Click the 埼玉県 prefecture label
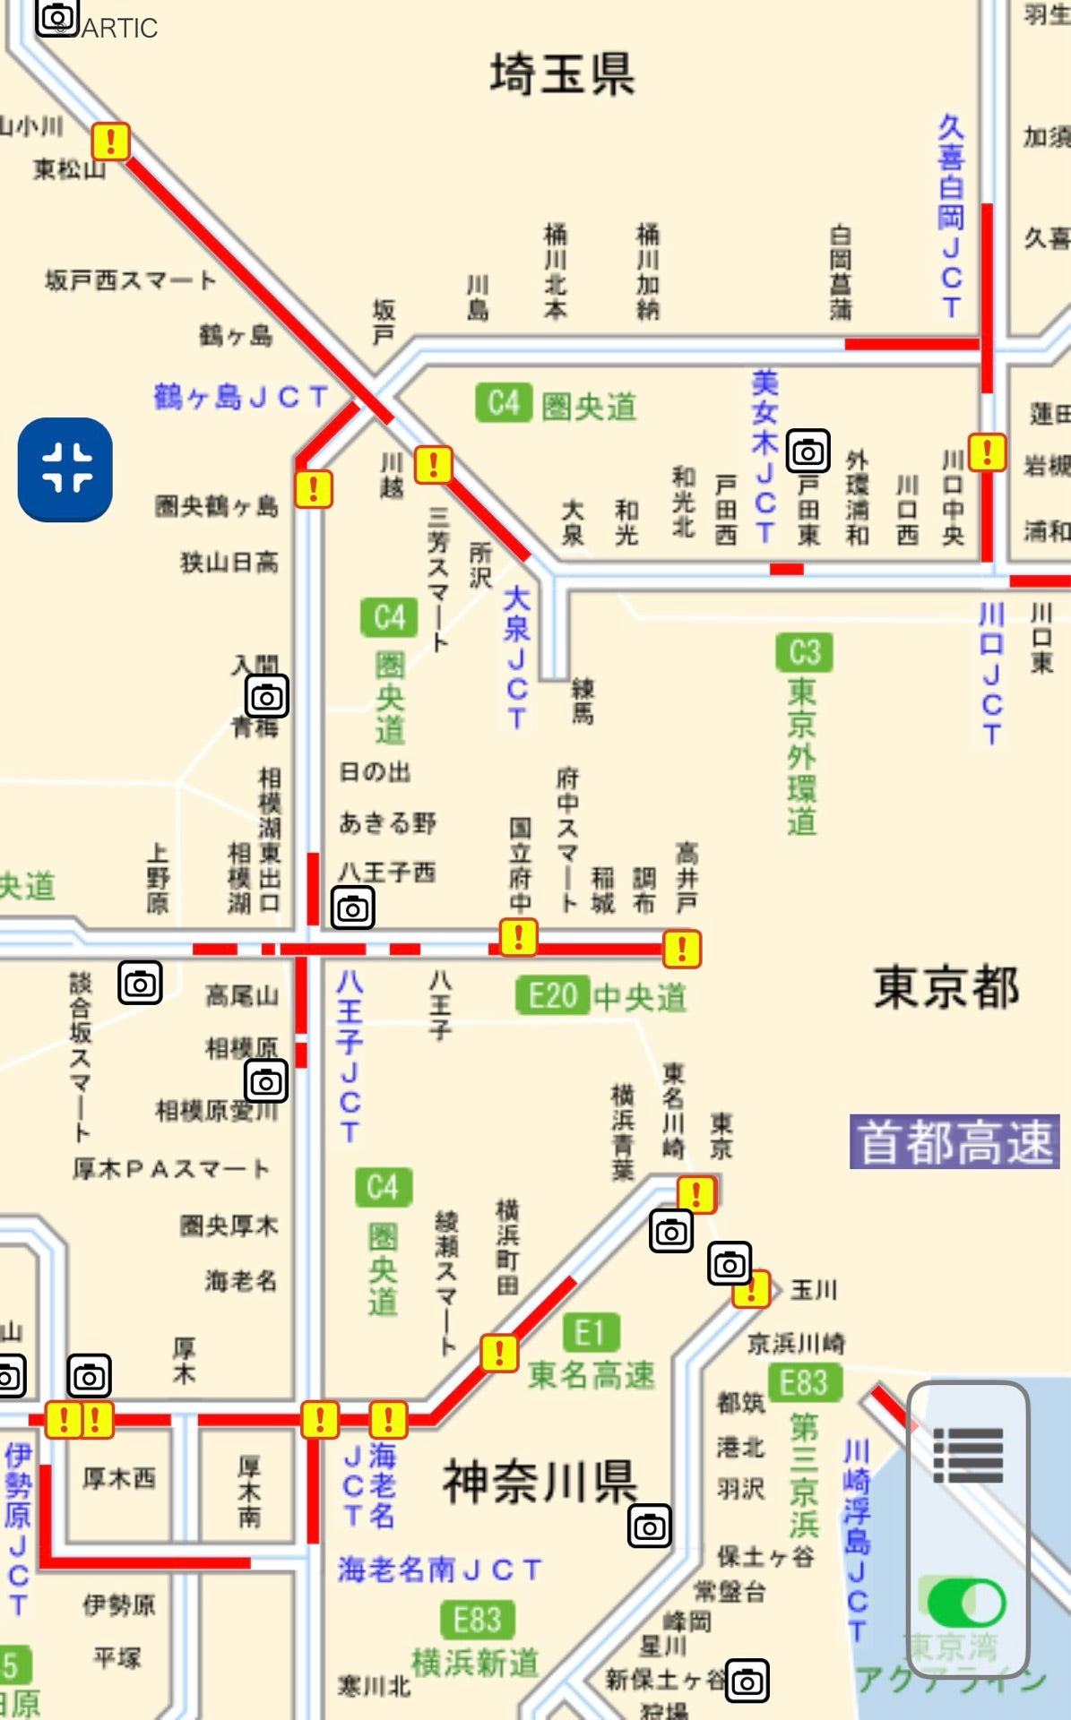click(562, 73)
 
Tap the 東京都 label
click(946, 986)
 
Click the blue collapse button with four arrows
click(65, 469)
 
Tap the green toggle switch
click(966, 1603)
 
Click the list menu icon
click(968, 1456)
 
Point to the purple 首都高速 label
click(954, 1142)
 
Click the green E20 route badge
click(551, 995)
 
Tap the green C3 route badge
click(804, 652)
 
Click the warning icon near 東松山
click(111, 141)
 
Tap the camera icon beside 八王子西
click(353, 908)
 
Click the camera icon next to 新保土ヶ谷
click(747, 1681)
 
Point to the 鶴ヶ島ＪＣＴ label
click(240, 396)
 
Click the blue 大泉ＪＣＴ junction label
click(516, 657)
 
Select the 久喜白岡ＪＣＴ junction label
click(951, 216)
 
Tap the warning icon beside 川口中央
click(988, 451)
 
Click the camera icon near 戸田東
click(808, 451)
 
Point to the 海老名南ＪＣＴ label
click(439, 1569)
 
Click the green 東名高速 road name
click(592, 1375)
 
